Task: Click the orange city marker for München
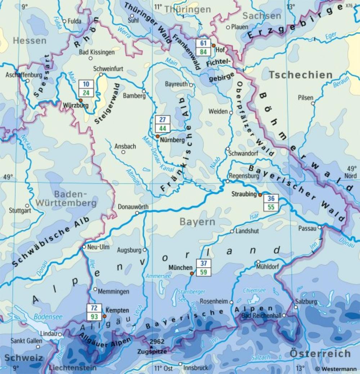pos(192,273)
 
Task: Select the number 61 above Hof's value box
pos(203,44)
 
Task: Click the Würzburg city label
pos(76,106)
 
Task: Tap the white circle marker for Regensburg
pos(227,181)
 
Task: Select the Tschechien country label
pos(301,75)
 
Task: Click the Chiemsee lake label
pos(254,290)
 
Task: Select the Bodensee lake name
pos(48,317)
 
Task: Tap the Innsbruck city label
pos(196,368)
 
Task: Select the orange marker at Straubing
pos(260,195)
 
